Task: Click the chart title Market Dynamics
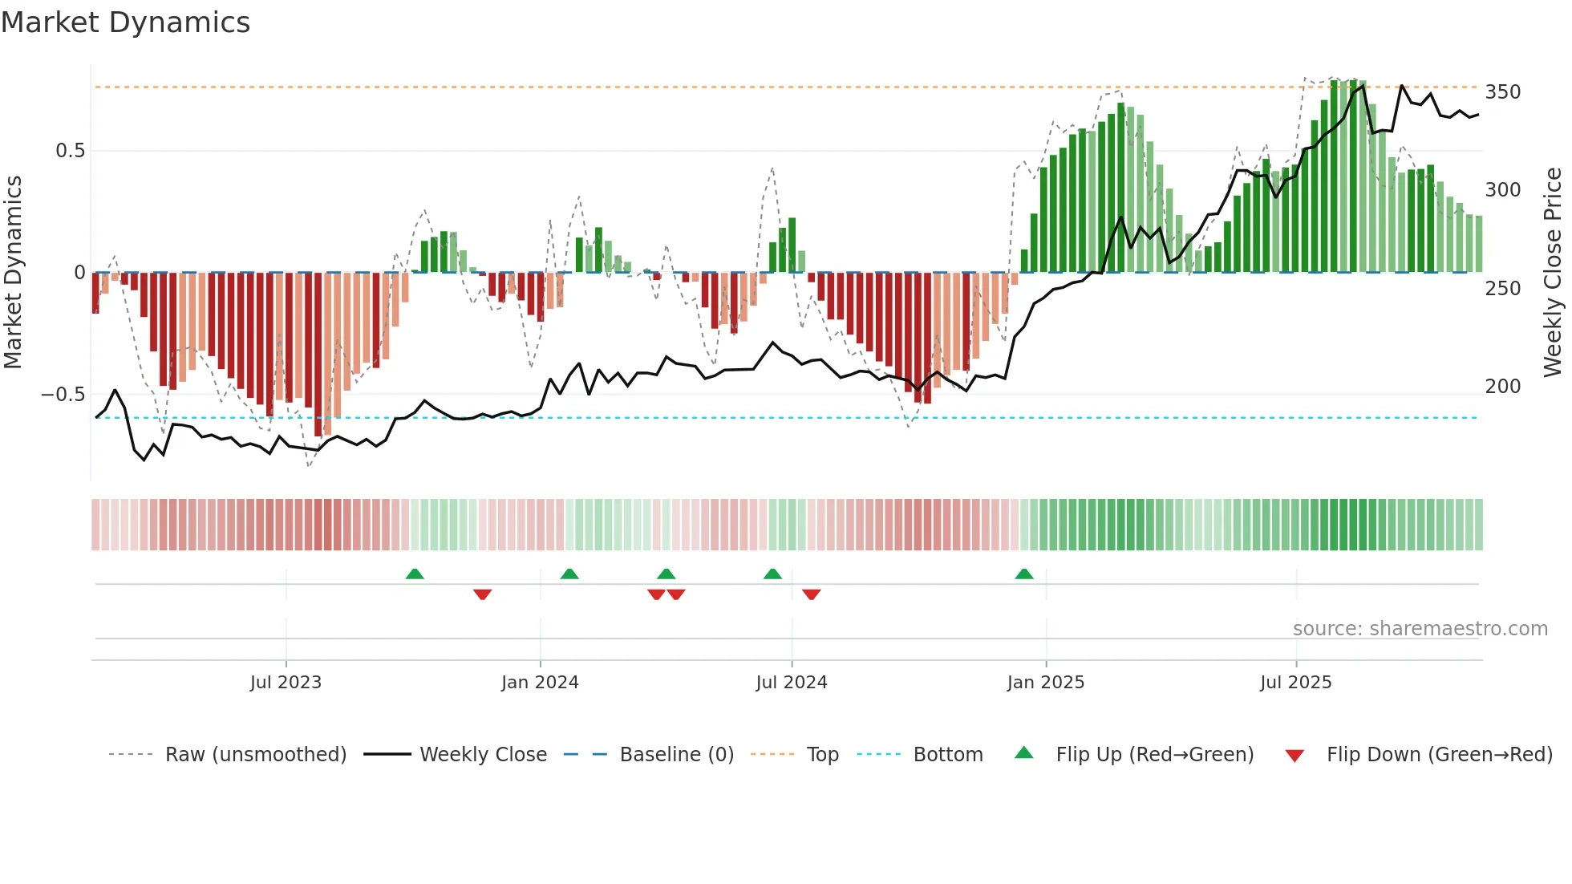[x=126, y=22]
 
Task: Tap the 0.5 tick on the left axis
[x=70, y=151]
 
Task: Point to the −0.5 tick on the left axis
[x=63, y=395]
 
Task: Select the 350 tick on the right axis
[x=1502, y=92]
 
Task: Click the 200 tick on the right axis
[x=1502, y=387]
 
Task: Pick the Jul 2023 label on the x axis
[x=286, y=683]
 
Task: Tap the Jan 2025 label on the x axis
[x=1045, y=683]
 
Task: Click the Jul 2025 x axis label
[x=1295, y=683]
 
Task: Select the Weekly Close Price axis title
[x=1553, y=273]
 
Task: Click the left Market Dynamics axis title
[x=13, y=273]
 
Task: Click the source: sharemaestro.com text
[x=1420, y=629]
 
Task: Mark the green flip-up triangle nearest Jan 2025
[x=1024, y=574]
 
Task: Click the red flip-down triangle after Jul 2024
[x=811, y=594]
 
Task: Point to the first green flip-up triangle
[x=415, y=574]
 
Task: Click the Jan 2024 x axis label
[x=540, y=683]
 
